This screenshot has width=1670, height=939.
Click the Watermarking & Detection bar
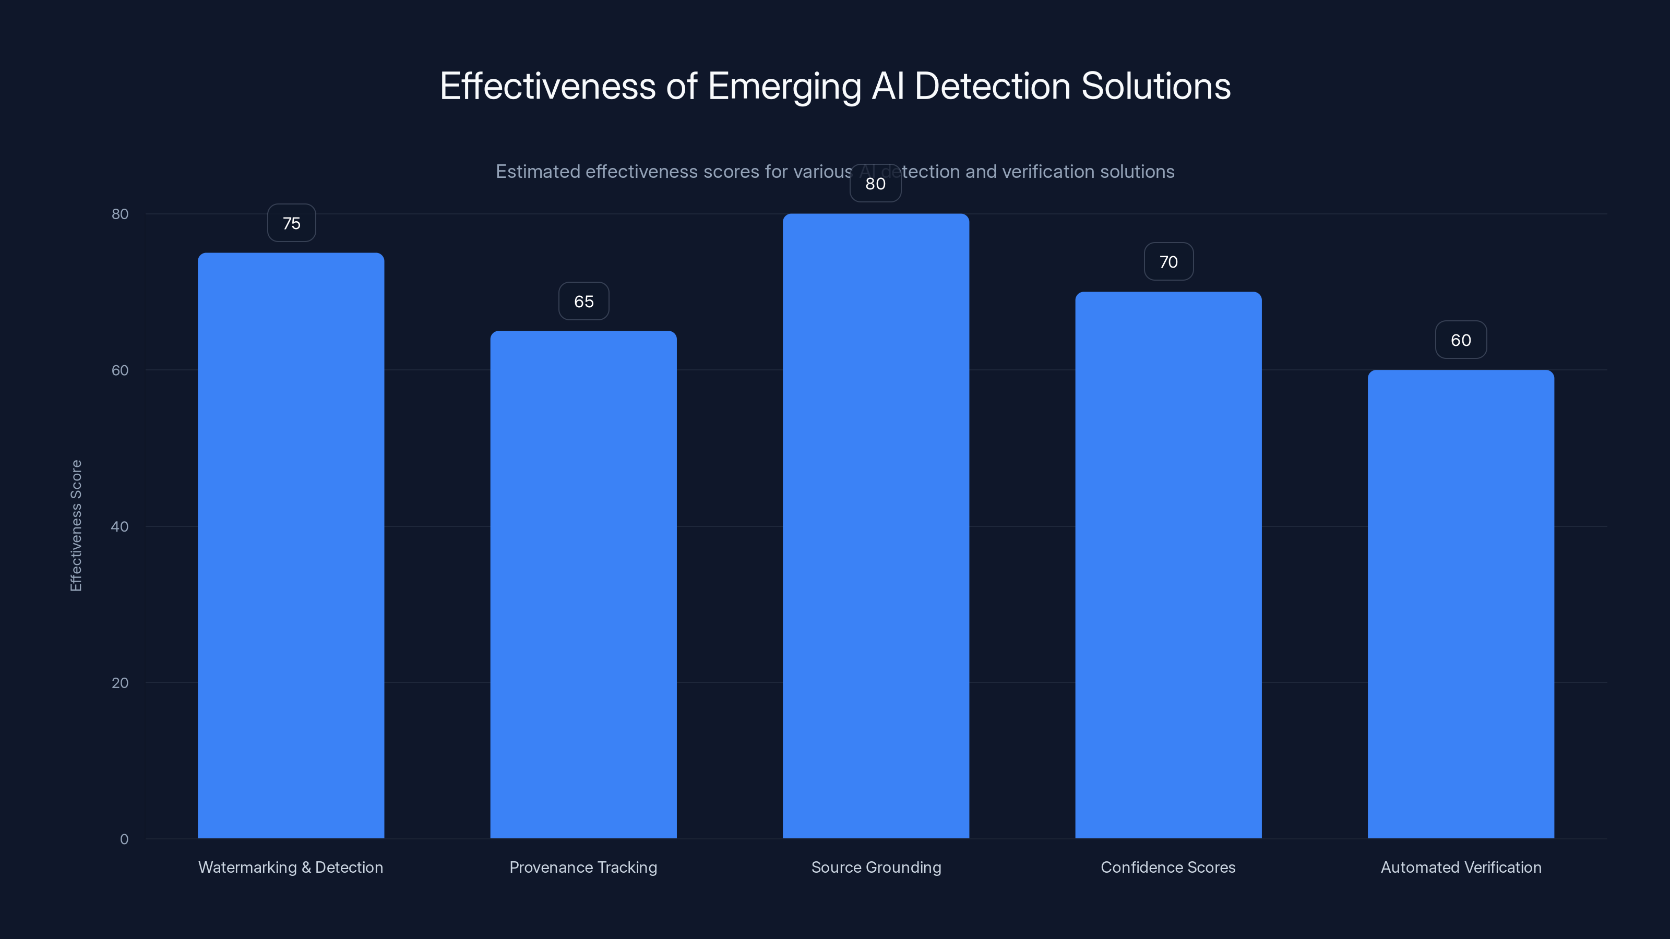pyautogui.click(x=291, y=545)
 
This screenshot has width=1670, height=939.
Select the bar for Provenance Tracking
pyautogui.click(x=583, y=584)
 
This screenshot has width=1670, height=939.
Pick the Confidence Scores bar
pyautogui.click(x=1168, y=564)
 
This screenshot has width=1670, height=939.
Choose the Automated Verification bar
pyautogui.click(x=1461, y=604)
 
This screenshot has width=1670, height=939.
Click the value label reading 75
pyautogui.click(x=291, y=223)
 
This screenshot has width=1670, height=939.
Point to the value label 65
pyautogui.click(x=583, y=302)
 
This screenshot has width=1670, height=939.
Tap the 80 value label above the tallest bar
pyautogui.click(x=875, y=184)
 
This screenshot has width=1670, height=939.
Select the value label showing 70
pyautogui.click(x=1168, y=262)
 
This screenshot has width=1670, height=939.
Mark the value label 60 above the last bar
pyautogui.click(x=1461, y=340)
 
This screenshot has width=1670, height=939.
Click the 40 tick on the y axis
pyautogui.click(x=120, y=526)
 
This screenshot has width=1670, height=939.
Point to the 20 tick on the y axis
pyautogui.click(x=120, y=682)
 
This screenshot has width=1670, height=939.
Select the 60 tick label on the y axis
pyautogui.click(x=120, y=370)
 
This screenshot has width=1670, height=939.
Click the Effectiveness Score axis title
pyautogui.click(x=76, y=525)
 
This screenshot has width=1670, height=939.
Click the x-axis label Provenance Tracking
pyautogui.click(x=583, y=867)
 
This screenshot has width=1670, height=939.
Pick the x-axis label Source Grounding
pyautogui.click(x=876, y=867)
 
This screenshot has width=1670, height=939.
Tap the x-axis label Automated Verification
pyautogui.click(x=1461, y=867)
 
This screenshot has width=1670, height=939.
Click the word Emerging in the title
pyautogui.click(x=784, y=86)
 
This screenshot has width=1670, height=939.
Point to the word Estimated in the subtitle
pyautogui.click(x=538, y=172)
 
